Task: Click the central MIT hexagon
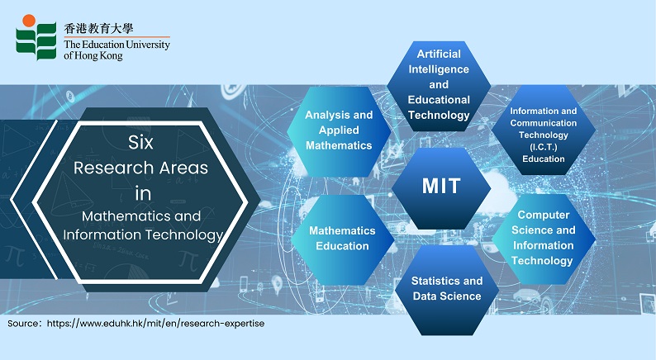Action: (x=441, y=187)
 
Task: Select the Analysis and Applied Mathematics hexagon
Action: (x=339, y=131)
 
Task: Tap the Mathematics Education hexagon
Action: (x=343, y=239)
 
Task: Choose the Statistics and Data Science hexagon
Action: (x=447, y=290)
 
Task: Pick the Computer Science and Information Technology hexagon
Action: (x=544, y=239)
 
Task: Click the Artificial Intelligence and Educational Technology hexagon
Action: (x=439, y=86)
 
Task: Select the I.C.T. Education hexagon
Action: (x=544, y=130)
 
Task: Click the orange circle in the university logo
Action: (x=29, y=20)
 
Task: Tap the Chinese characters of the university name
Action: (x=99, y=28)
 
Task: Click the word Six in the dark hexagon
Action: (x=140, y=143)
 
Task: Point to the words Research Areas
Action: (x=140, y=168)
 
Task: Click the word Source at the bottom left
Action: (x=23, y=323)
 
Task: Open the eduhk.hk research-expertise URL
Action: (x=155, y=324)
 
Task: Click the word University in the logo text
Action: (x=148, y=45)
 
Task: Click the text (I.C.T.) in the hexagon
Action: (x=544, y=147)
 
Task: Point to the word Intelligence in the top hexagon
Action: (x=439, y=69)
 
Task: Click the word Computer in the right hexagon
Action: (x=544, y=215)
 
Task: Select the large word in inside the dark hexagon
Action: (x=143, y=193)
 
